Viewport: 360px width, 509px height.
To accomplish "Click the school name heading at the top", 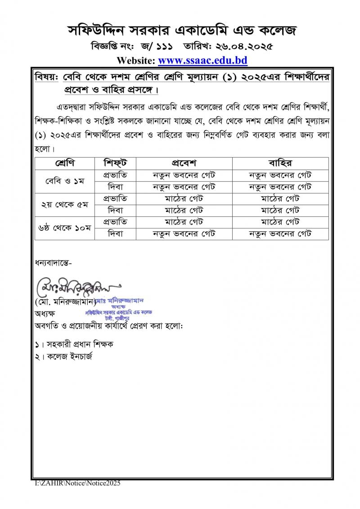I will (182, 31).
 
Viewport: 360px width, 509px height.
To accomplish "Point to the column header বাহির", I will (280, 162).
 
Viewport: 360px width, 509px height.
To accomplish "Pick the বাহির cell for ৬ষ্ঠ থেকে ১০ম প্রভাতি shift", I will (280, 221).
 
